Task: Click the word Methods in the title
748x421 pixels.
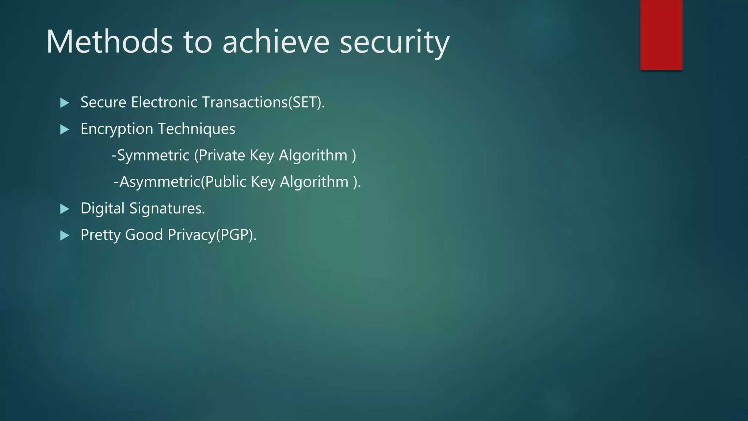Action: pos(109,42)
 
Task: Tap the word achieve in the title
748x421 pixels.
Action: pos(276,42)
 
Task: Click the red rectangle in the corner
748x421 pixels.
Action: pos(661,35)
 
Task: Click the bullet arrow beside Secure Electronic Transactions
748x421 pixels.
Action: pos(65,103)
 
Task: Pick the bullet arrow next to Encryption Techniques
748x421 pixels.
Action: pos(65,129)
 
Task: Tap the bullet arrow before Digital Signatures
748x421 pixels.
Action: pos(65,209)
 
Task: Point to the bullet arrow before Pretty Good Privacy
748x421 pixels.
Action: pos(65,235)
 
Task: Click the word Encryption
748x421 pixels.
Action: pos(117,129)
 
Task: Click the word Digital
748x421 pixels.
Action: pos(103,209)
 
